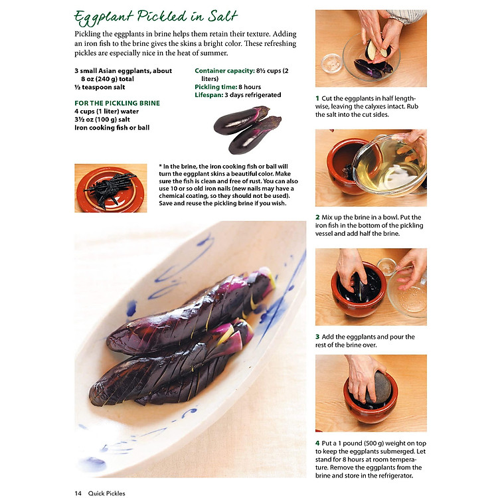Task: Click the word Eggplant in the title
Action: (x=104, y=18)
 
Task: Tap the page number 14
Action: (x=78, y=493)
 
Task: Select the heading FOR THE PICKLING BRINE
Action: (x=117, y=103)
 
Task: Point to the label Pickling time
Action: (x=216, y=87)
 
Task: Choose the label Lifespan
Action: (x=209, y=95)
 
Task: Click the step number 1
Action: (x=317, y=98)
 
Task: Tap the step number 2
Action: (x=317, y=218)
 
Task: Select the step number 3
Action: (x=317, y=337)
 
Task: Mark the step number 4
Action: (x=317, y=443)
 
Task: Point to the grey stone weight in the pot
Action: (x=377, y=388)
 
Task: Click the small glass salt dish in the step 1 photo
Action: (x=331, y=63)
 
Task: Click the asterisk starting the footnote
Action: (x=161, y=166)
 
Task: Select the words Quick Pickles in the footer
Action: (x=107, y=493)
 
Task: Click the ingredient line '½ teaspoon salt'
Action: (x=100, y=88)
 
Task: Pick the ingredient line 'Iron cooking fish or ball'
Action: (x=112, y=127)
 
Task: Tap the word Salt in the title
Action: (x=222, y=16)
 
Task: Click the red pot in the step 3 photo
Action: (x=359, y=291)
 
